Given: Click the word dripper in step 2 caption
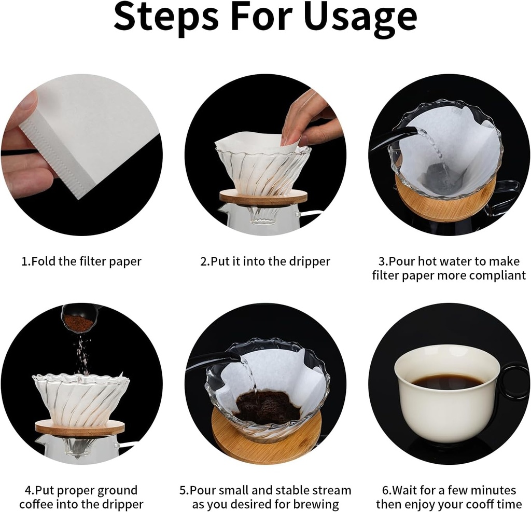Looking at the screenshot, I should (x=310, y=261).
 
